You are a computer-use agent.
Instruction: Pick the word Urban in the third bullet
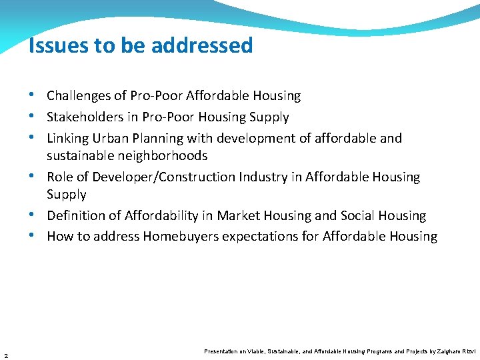tap(109, 139)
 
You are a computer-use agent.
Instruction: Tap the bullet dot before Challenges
tap(38, 95)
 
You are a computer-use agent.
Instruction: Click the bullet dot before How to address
tap(38, 236)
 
